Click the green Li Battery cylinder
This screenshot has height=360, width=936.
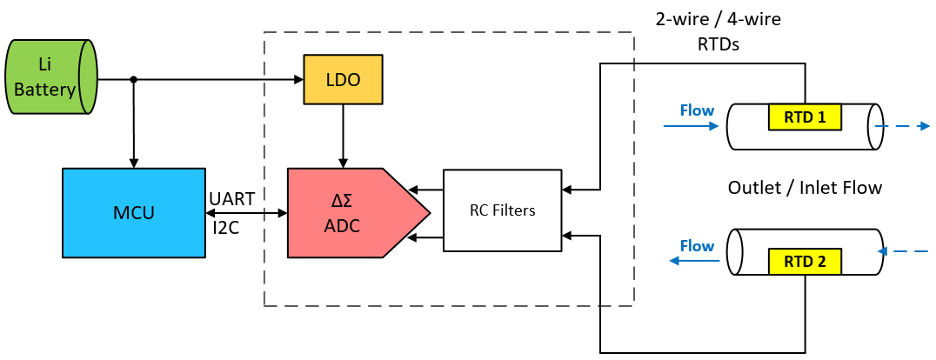[x=50, y=77]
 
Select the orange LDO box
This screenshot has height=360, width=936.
[x=344, y=80]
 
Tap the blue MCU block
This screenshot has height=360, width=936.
[x=132, y=212]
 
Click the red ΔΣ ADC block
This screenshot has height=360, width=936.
[x=348, y=213]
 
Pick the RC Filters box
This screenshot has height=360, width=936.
[x=502, y=210]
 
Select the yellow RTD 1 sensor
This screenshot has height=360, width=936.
[x=804, y=117]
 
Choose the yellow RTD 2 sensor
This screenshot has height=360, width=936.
[x=804, y=260]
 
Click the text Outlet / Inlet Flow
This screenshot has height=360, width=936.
[x=804, y=187]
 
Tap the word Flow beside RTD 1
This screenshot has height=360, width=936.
[x=697, y=110]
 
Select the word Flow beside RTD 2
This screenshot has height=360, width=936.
[x=697, y=246]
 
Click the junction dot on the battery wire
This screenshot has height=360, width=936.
[x=133, y=80]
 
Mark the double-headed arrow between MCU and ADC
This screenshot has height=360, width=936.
[x=247, y=213]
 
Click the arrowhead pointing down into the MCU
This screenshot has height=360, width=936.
[x=133, y=162]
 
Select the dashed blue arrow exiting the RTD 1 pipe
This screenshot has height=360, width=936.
[x=905, y=126]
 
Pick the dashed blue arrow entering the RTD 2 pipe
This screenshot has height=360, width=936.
[x=905, y=251]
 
